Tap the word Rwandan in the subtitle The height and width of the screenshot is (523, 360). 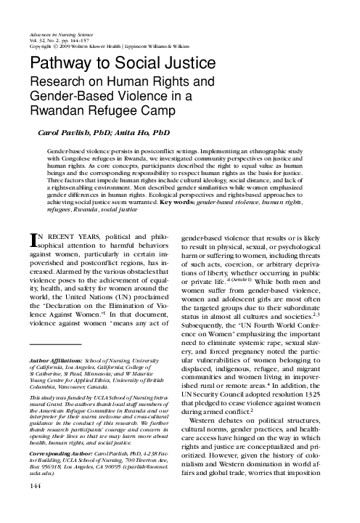[63, 111]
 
